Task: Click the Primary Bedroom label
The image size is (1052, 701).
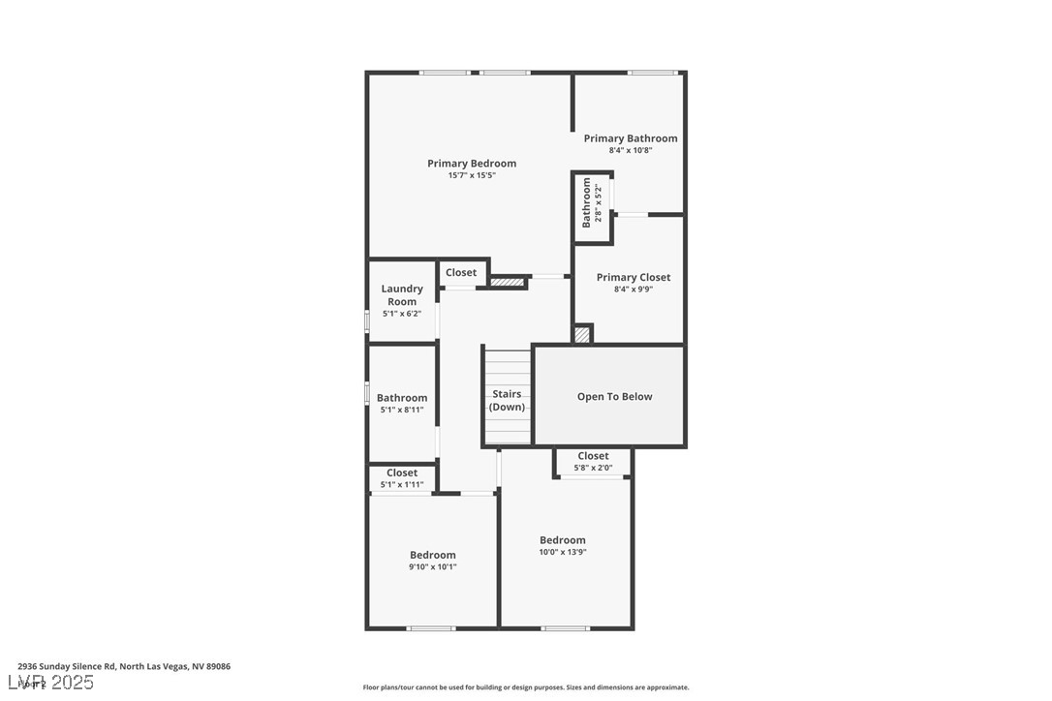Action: coord(472,164)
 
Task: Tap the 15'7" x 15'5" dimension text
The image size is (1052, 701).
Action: coord(472,176)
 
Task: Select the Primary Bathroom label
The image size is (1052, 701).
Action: coord(631,138)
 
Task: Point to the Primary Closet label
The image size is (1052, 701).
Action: coord(634,278)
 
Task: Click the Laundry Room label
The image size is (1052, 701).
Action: coord(402,295)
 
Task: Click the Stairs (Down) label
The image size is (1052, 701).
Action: coord(507,401)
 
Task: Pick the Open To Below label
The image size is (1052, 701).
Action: coord(615,397)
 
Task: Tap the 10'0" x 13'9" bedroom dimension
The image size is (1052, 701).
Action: coord(563,553)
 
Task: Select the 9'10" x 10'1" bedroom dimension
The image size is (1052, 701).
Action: coord(433,567)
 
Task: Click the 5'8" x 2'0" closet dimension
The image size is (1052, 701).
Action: coord(593,469)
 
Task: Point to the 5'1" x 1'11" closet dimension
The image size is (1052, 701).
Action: coord(402,485)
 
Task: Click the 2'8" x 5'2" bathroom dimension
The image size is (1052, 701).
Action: coord(599,203)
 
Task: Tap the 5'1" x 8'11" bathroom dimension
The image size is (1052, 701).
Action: coord(402,411)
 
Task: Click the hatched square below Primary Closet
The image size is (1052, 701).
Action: coord(581,334)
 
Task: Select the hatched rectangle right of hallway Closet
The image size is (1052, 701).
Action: coord(507,283)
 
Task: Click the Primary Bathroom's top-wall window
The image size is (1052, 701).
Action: coord(652,73)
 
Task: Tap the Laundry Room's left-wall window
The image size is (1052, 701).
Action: coord(366,321)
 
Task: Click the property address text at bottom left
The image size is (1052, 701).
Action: coord(124,667)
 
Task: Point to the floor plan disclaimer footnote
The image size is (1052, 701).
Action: coord(526,687)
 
